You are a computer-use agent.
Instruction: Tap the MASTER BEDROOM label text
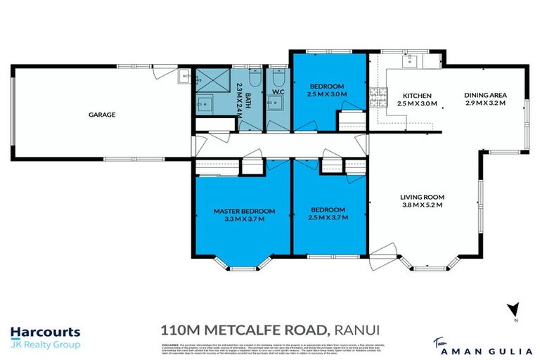244,210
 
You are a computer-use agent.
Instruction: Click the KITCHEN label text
416,96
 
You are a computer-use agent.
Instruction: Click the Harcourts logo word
45,332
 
